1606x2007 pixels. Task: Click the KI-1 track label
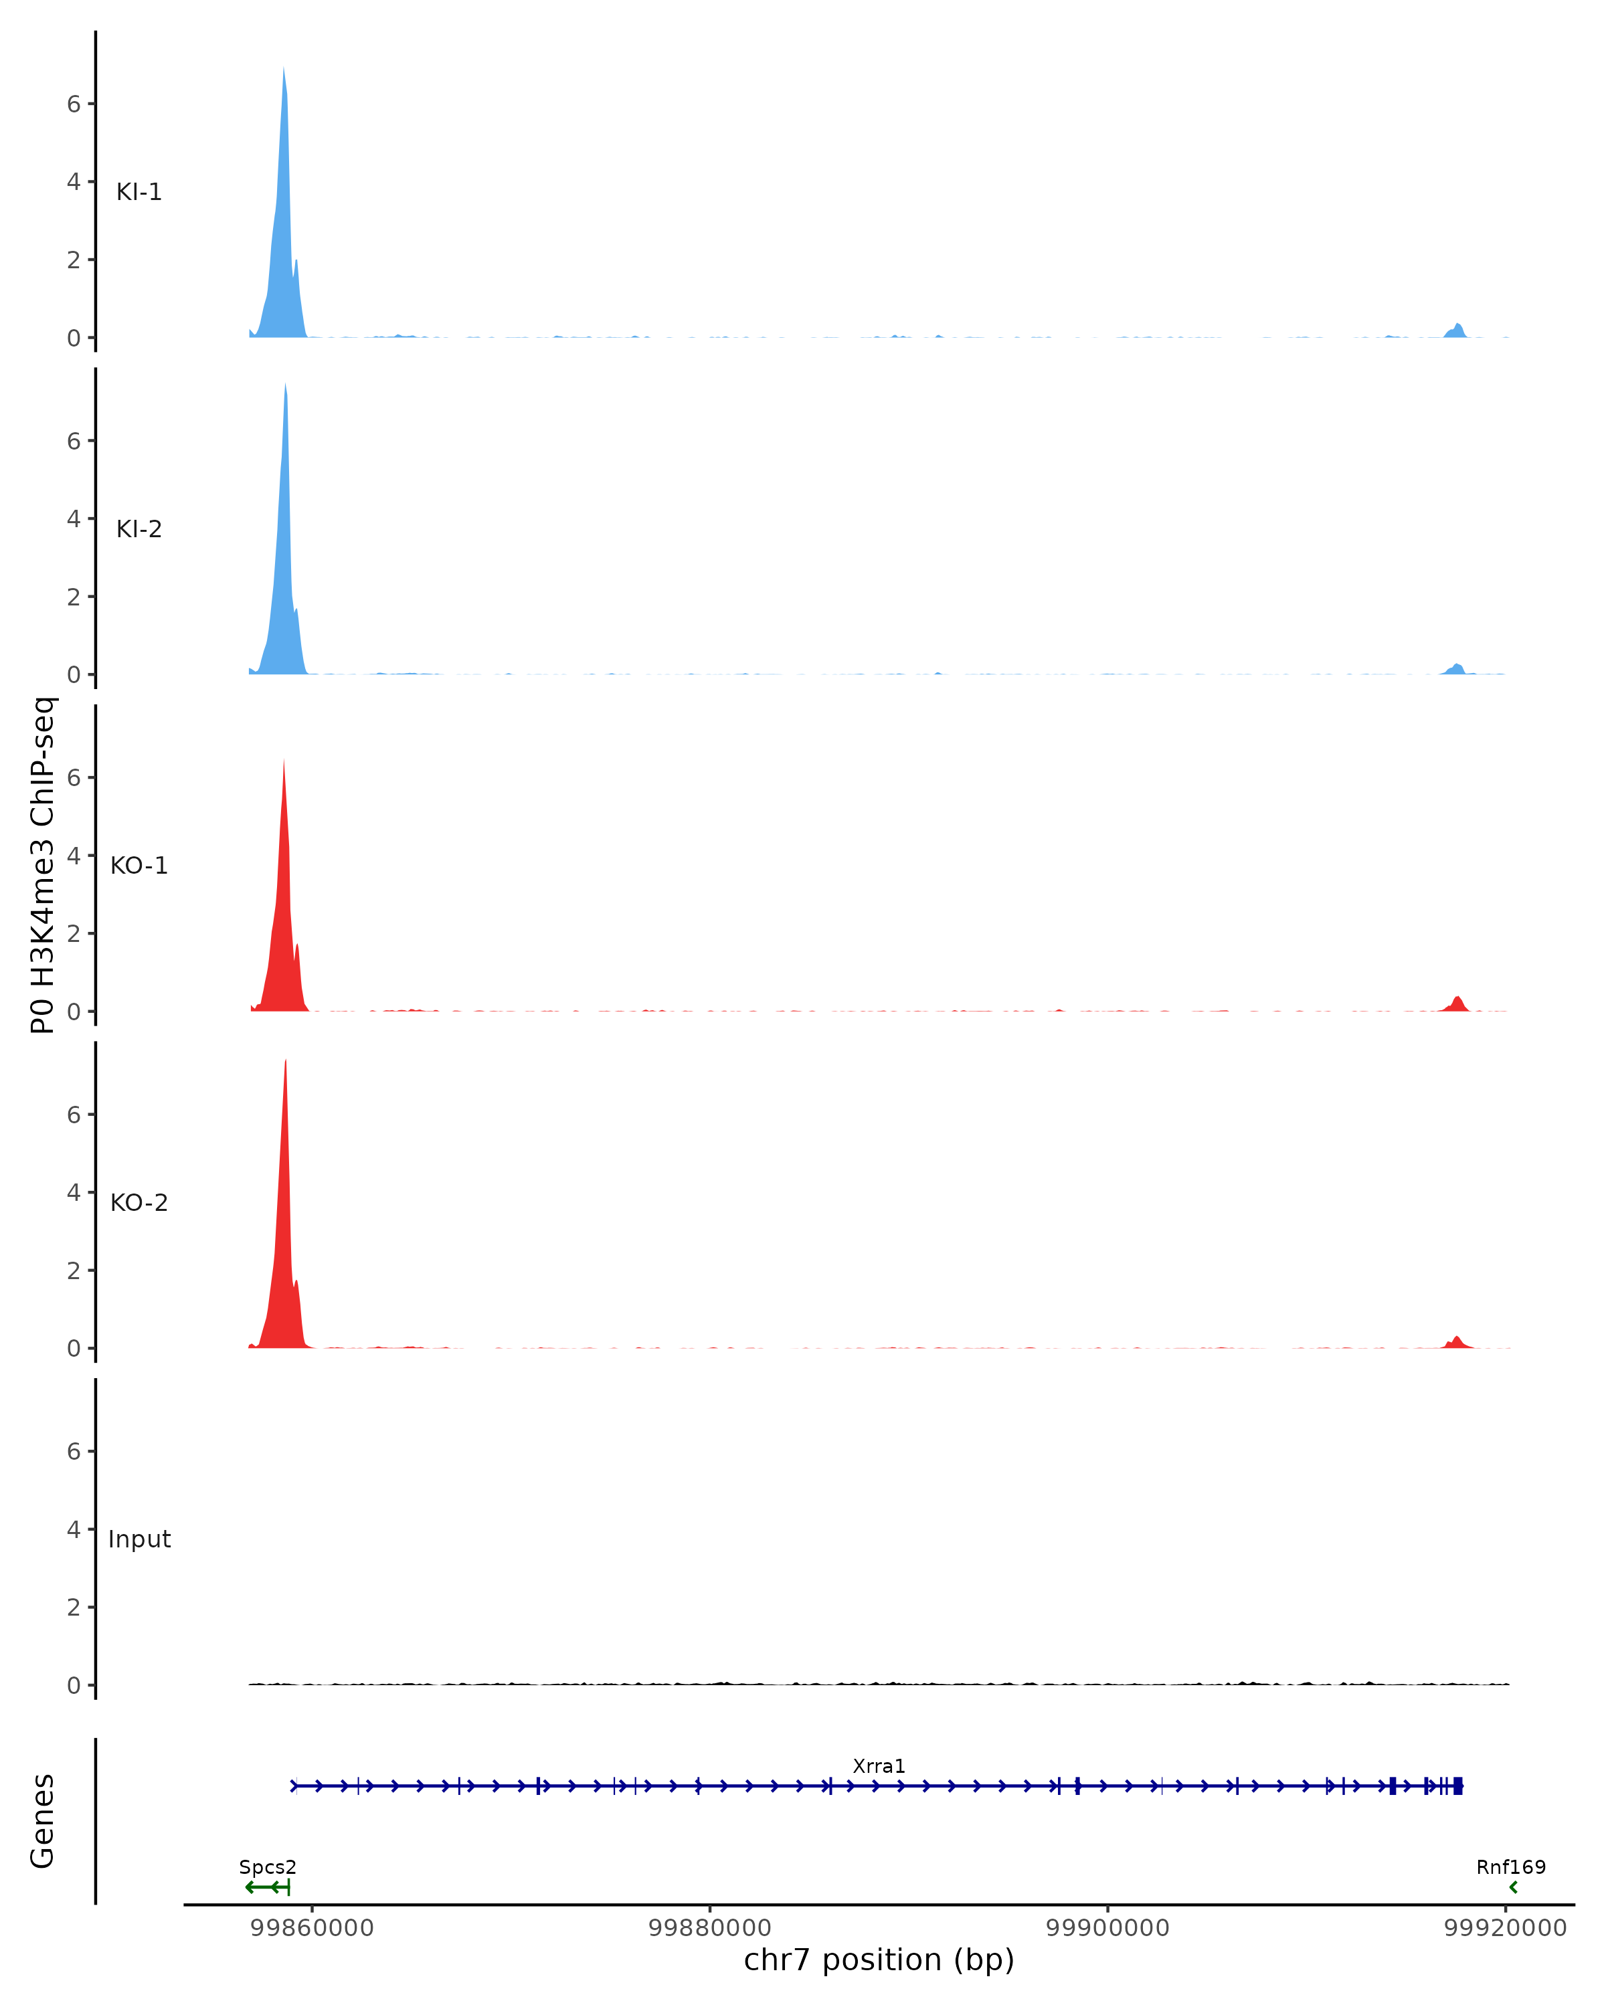point(139,192)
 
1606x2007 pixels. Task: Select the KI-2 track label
point(139,529)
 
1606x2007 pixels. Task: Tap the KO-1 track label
point(139,866)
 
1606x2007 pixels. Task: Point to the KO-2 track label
point(139,1203)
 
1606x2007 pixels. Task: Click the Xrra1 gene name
point(878,1767)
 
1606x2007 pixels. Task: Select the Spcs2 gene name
point(267,1867)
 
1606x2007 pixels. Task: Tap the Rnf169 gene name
point(1510,1867)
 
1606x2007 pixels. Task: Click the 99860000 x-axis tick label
point(312,1928)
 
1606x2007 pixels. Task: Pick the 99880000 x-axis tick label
point(709,1928)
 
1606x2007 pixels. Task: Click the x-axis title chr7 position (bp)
point(878,1960)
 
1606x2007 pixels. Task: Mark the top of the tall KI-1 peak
point(283,70)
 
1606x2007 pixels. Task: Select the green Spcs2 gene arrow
point(267,1887)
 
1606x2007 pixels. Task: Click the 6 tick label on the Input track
point(74,1451)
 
